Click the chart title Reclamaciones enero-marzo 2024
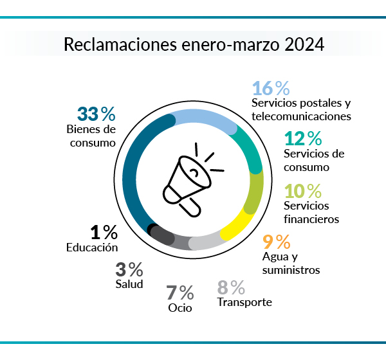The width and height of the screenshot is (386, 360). tap(193, 46)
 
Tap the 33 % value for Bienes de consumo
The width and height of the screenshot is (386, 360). tap(96, 114)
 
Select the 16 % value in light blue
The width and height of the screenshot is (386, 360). tap(271, 88)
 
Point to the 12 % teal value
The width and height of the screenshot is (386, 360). tap(303, 138)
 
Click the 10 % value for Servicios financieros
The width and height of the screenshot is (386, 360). tap(303, 191)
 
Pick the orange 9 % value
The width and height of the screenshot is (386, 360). tap(277, 242)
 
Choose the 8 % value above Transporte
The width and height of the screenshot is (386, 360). tap(231, 287)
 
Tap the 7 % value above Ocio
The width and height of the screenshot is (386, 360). tap(180, 292)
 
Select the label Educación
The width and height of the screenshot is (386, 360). tap(92, 247)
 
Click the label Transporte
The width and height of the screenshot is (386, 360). tap(244, 302)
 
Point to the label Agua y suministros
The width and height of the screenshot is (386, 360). tap(291, 264)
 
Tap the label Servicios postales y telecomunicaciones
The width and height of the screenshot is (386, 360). tap(301, 110)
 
